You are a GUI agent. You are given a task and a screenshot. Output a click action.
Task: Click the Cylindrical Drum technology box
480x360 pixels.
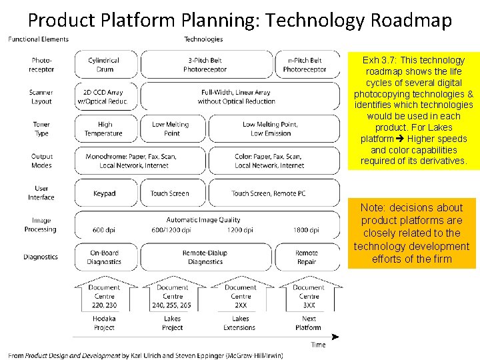click(104, 65)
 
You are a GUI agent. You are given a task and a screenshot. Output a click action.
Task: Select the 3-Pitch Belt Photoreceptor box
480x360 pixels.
click(205, 65)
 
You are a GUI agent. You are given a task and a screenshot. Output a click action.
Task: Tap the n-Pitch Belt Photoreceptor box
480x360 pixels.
click(305, 65)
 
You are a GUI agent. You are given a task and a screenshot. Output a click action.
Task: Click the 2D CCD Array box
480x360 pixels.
click(104, 97)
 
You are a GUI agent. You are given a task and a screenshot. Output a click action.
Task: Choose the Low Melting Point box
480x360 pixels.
click(171, 129)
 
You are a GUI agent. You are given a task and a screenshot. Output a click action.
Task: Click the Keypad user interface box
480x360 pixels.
click(104, 193)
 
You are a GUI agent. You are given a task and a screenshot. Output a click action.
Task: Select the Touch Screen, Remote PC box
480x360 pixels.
click(269, 193)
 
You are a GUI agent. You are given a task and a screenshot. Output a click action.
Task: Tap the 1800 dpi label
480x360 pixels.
click(305, 230)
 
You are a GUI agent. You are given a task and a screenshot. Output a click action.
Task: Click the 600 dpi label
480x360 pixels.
click(104, 230)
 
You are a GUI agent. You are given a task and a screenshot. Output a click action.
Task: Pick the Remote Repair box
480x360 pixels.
click(307, 257)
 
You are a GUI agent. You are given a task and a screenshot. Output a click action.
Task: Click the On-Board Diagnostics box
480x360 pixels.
click(104, 257)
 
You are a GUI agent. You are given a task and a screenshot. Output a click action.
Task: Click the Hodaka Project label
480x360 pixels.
click(104, 323)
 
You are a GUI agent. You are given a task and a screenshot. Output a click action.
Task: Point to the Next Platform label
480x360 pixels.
click(309, 323)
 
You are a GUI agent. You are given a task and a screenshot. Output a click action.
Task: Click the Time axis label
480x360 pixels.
click(318, 345)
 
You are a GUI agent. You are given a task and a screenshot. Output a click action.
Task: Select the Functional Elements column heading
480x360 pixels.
click(38, 39)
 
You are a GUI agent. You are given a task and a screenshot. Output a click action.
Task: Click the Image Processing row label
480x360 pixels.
click(41, 225)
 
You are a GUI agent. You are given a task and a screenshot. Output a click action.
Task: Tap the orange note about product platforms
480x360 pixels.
click(411, 233)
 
